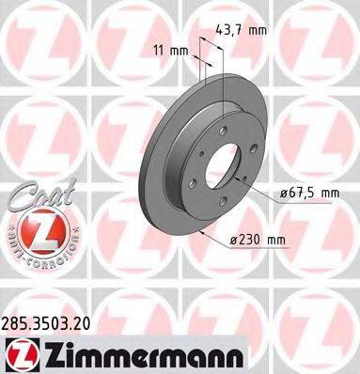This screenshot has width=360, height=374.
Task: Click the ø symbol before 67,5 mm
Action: pyautogui.click(x=279, y=194)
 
